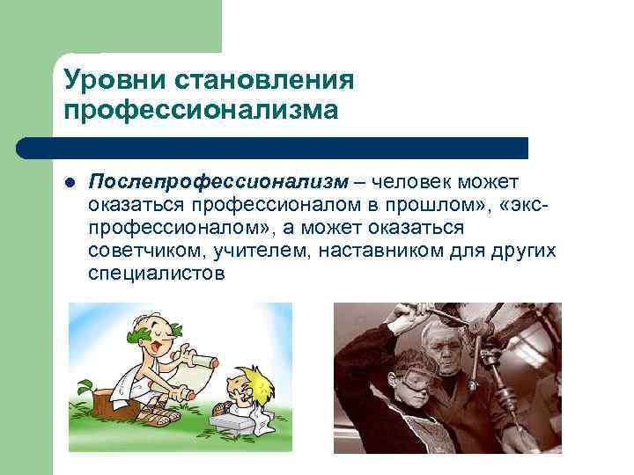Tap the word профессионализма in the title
click(x=201, y=111)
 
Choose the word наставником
click(x=380, y=251)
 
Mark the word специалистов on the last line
click(x=157, y=274)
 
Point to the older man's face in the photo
click(x=446, y=347)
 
